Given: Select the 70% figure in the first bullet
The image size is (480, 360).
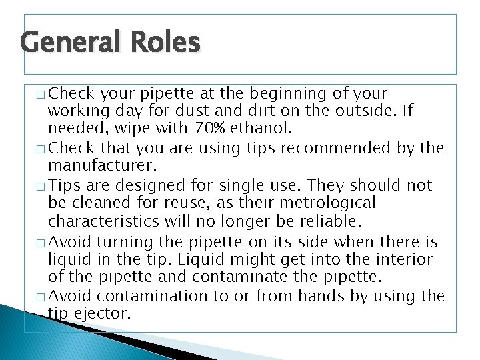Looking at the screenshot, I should (210, 127).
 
